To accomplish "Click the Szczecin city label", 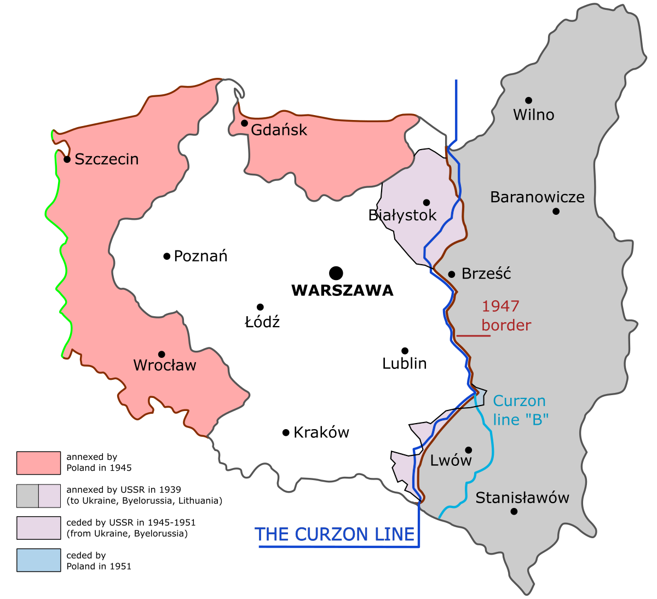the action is [x=106, y=159].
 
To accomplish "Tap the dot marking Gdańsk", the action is [x=244, y=123].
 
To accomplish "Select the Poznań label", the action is [x=200, y=256].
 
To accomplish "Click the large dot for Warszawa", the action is [x=336, y=273].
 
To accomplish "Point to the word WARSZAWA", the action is [x=342, y=290].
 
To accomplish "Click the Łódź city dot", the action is [x=260, y=307].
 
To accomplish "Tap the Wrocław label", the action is [x=165, y=366].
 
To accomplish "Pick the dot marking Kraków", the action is [x=286, y=432].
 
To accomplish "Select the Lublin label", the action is [x=405, y=363].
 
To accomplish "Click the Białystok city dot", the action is [x=427, y=202].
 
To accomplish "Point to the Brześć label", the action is [x=486, y=274].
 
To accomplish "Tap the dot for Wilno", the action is [x=528, y=100].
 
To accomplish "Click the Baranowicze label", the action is [x=537, y=197].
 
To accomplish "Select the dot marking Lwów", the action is [x=468, y=450].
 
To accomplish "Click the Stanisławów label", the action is [x=522, y=498].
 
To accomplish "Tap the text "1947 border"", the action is [x=506, y=316].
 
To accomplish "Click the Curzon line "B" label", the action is [x=520, y=410].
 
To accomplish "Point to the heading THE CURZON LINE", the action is [x=335, y=534].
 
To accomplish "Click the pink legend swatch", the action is [x=38, y=463].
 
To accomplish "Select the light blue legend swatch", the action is [x=38, y=560].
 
